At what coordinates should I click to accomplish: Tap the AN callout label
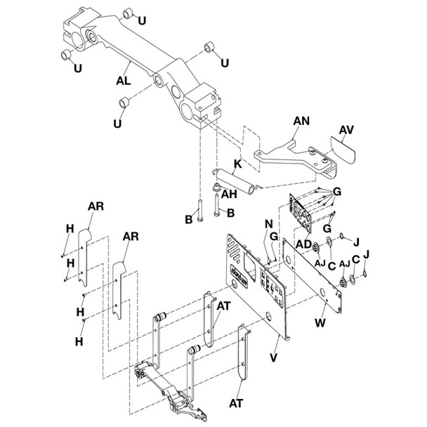click(x=301, y=121)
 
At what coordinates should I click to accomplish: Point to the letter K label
click(x=239, y=164)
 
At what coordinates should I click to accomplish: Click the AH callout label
click(x=229, y=197)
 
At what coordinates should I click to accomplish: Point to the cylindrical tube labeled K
click(x=239, y=180)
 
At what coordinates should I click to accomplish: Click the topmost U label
click(x=143, y=20)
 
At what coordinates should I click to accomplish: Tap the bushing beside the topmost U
click(x=126, y=13)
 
